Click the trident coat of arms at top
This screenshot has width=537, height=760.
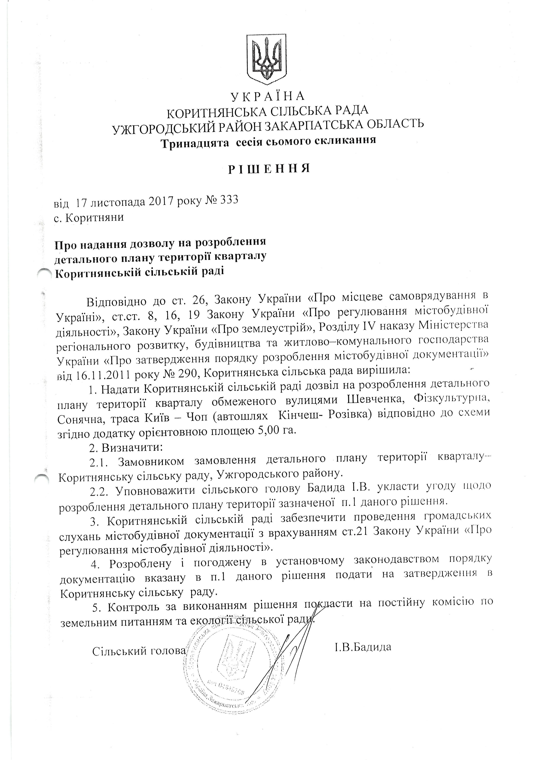[267, 60]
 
